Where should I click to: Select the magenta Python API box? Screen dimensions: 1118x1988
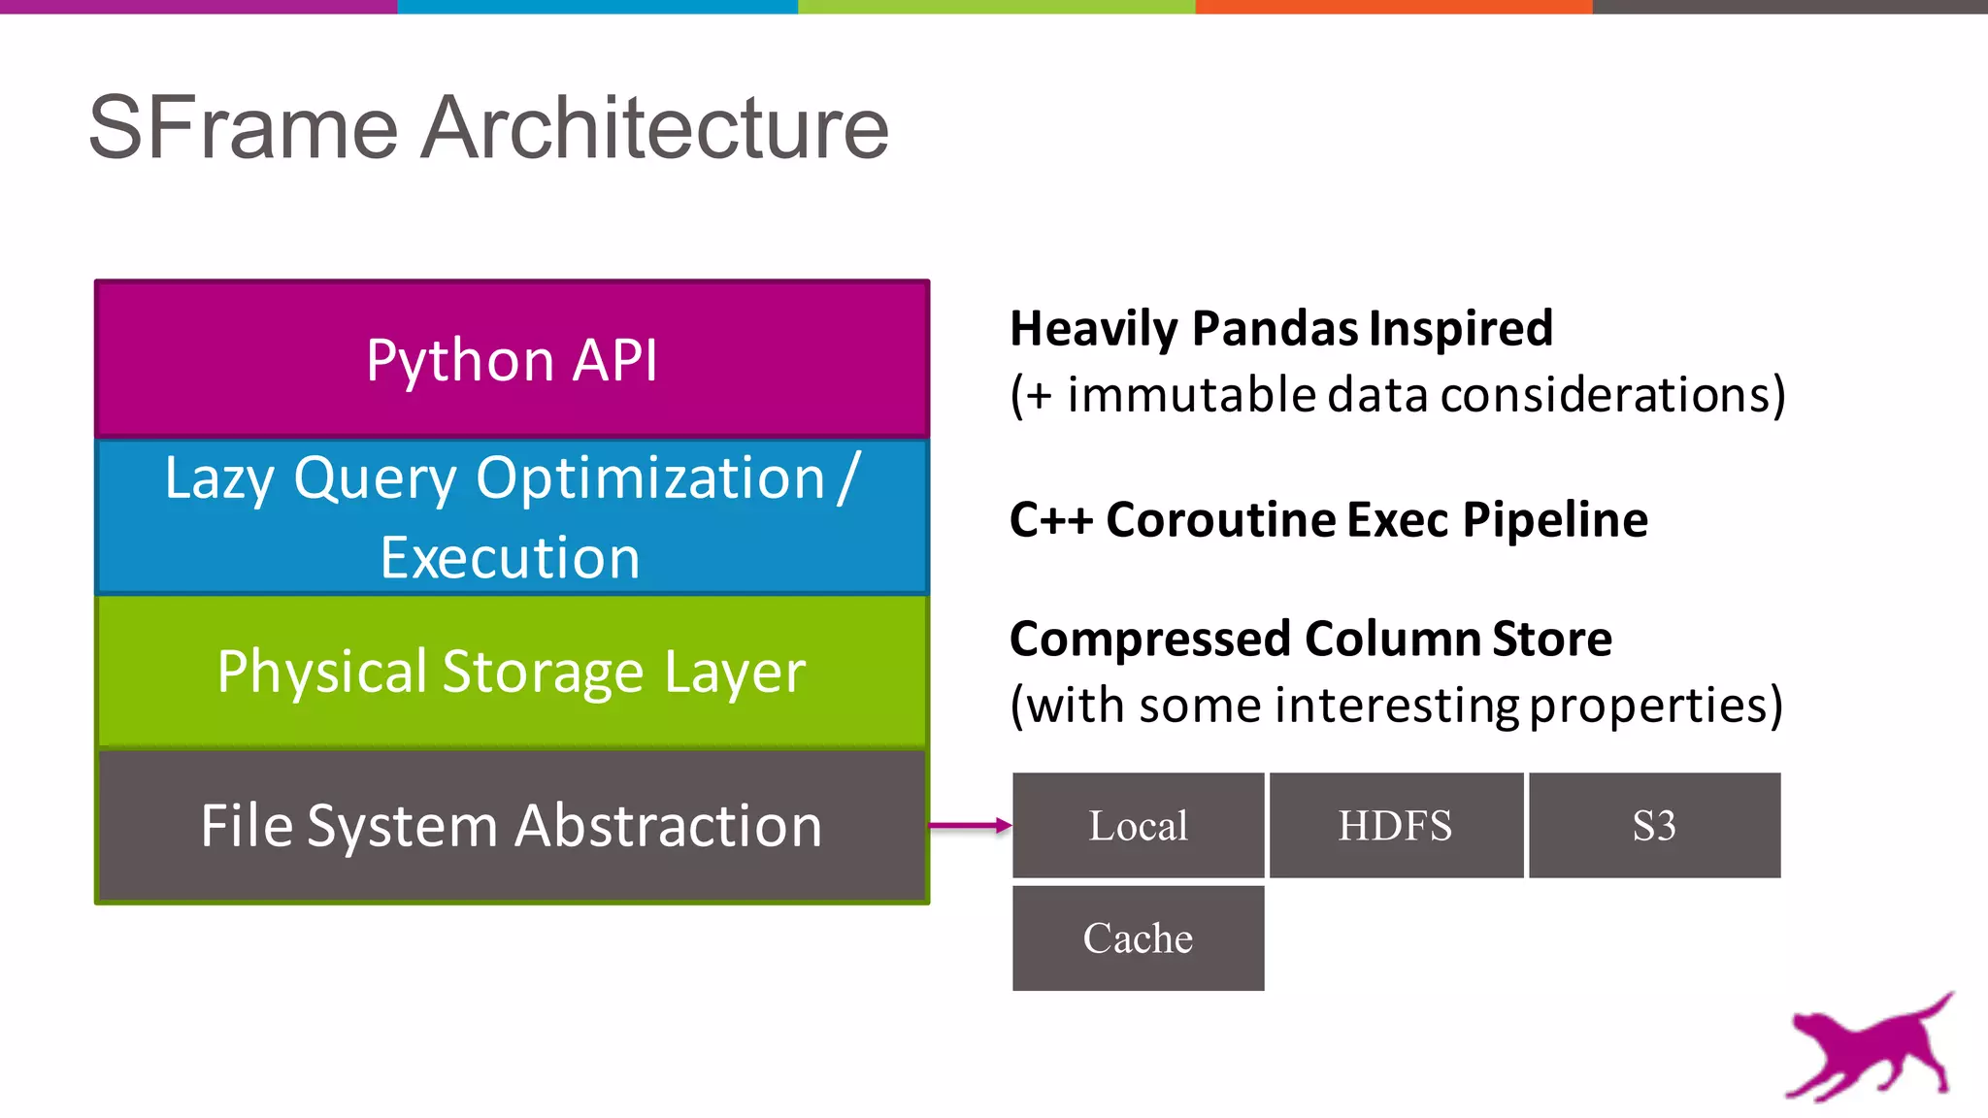click(x=512, y=360)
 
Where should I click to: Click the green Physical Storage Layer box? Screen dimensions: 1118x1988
click(x=512, y=671)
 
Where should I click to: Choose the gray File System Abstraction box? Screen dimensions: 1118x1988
click(x=512, y=826)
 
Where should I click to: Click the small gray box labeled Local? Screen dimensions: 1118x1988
click(x=1138, y=826)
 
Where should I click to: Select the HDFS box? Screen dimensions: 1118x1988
click(x=1395, y=826)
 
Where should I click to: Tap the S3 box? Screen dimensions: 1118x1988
click(x=1654, y=826)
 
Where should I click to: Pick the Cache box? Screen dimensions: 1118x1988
click(x=1138, y=938)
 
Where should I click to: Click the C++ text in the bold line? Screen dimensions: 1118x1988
click(x=1050, y=519)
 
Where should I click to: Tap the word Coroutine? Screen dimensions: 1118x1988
click(x=1221, y=519)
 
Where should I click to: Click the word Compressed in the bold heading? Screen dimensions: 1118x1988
click(x=1151, y=639)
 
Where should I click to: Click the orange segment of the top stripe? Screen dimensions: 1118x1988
click(x=1393, y=6)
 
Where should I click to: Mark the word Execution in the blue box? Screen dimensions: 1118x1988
click(x=511, y=558)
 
